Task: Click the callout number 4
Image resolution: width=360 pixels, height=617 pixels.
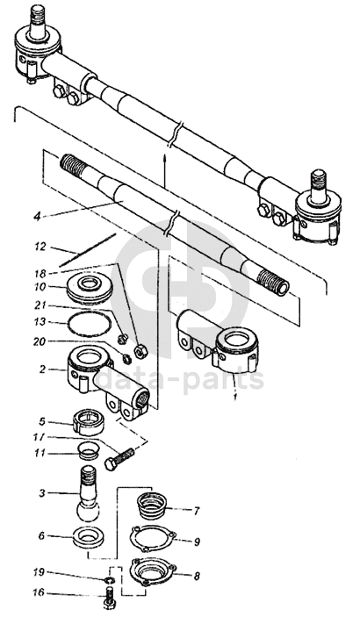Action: (37, 217)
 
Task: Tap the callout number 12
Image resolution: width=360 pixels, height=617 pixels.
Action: (40, 248)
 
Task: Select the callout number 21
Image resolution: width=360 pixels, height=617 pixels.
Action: (40, 305)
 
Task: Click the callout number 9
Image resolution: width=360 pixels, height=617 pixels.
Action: (197, 542)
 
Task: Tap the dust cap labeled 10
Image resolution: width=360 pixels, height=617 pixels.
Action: (90, 290)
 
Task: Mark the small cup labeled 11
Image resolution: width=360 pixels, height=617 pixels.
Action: (89, 450)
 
